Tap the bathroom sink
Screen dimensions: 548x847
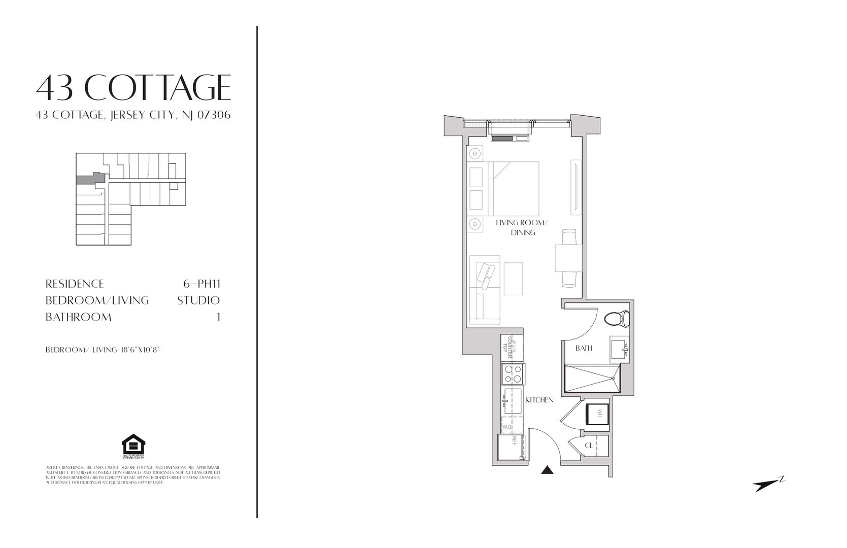[619, 350]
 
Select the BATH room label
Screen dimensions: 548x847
[584, 348]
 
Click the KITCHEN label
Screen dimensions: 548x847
[539, 400]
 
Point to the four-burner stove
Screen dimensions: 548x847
[512, 374]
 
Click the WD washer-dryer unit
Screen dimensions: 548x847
[597, 414]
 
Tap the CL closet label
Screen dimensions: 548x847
[589, 446]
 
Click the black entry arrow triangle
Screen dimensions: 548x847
[547, 470]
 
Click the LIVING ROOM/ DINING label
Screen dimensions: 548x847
[523, 227]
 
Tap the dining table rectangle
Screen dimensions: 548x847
[568, 258]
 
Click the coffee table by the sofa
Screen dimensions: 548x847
[513, 278]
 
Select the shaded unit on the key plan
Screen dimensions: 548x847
[90, 179]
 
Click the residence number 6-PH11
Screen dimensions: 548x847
[201, 284]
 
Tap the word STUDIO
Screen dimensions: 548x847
[198, 300]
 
